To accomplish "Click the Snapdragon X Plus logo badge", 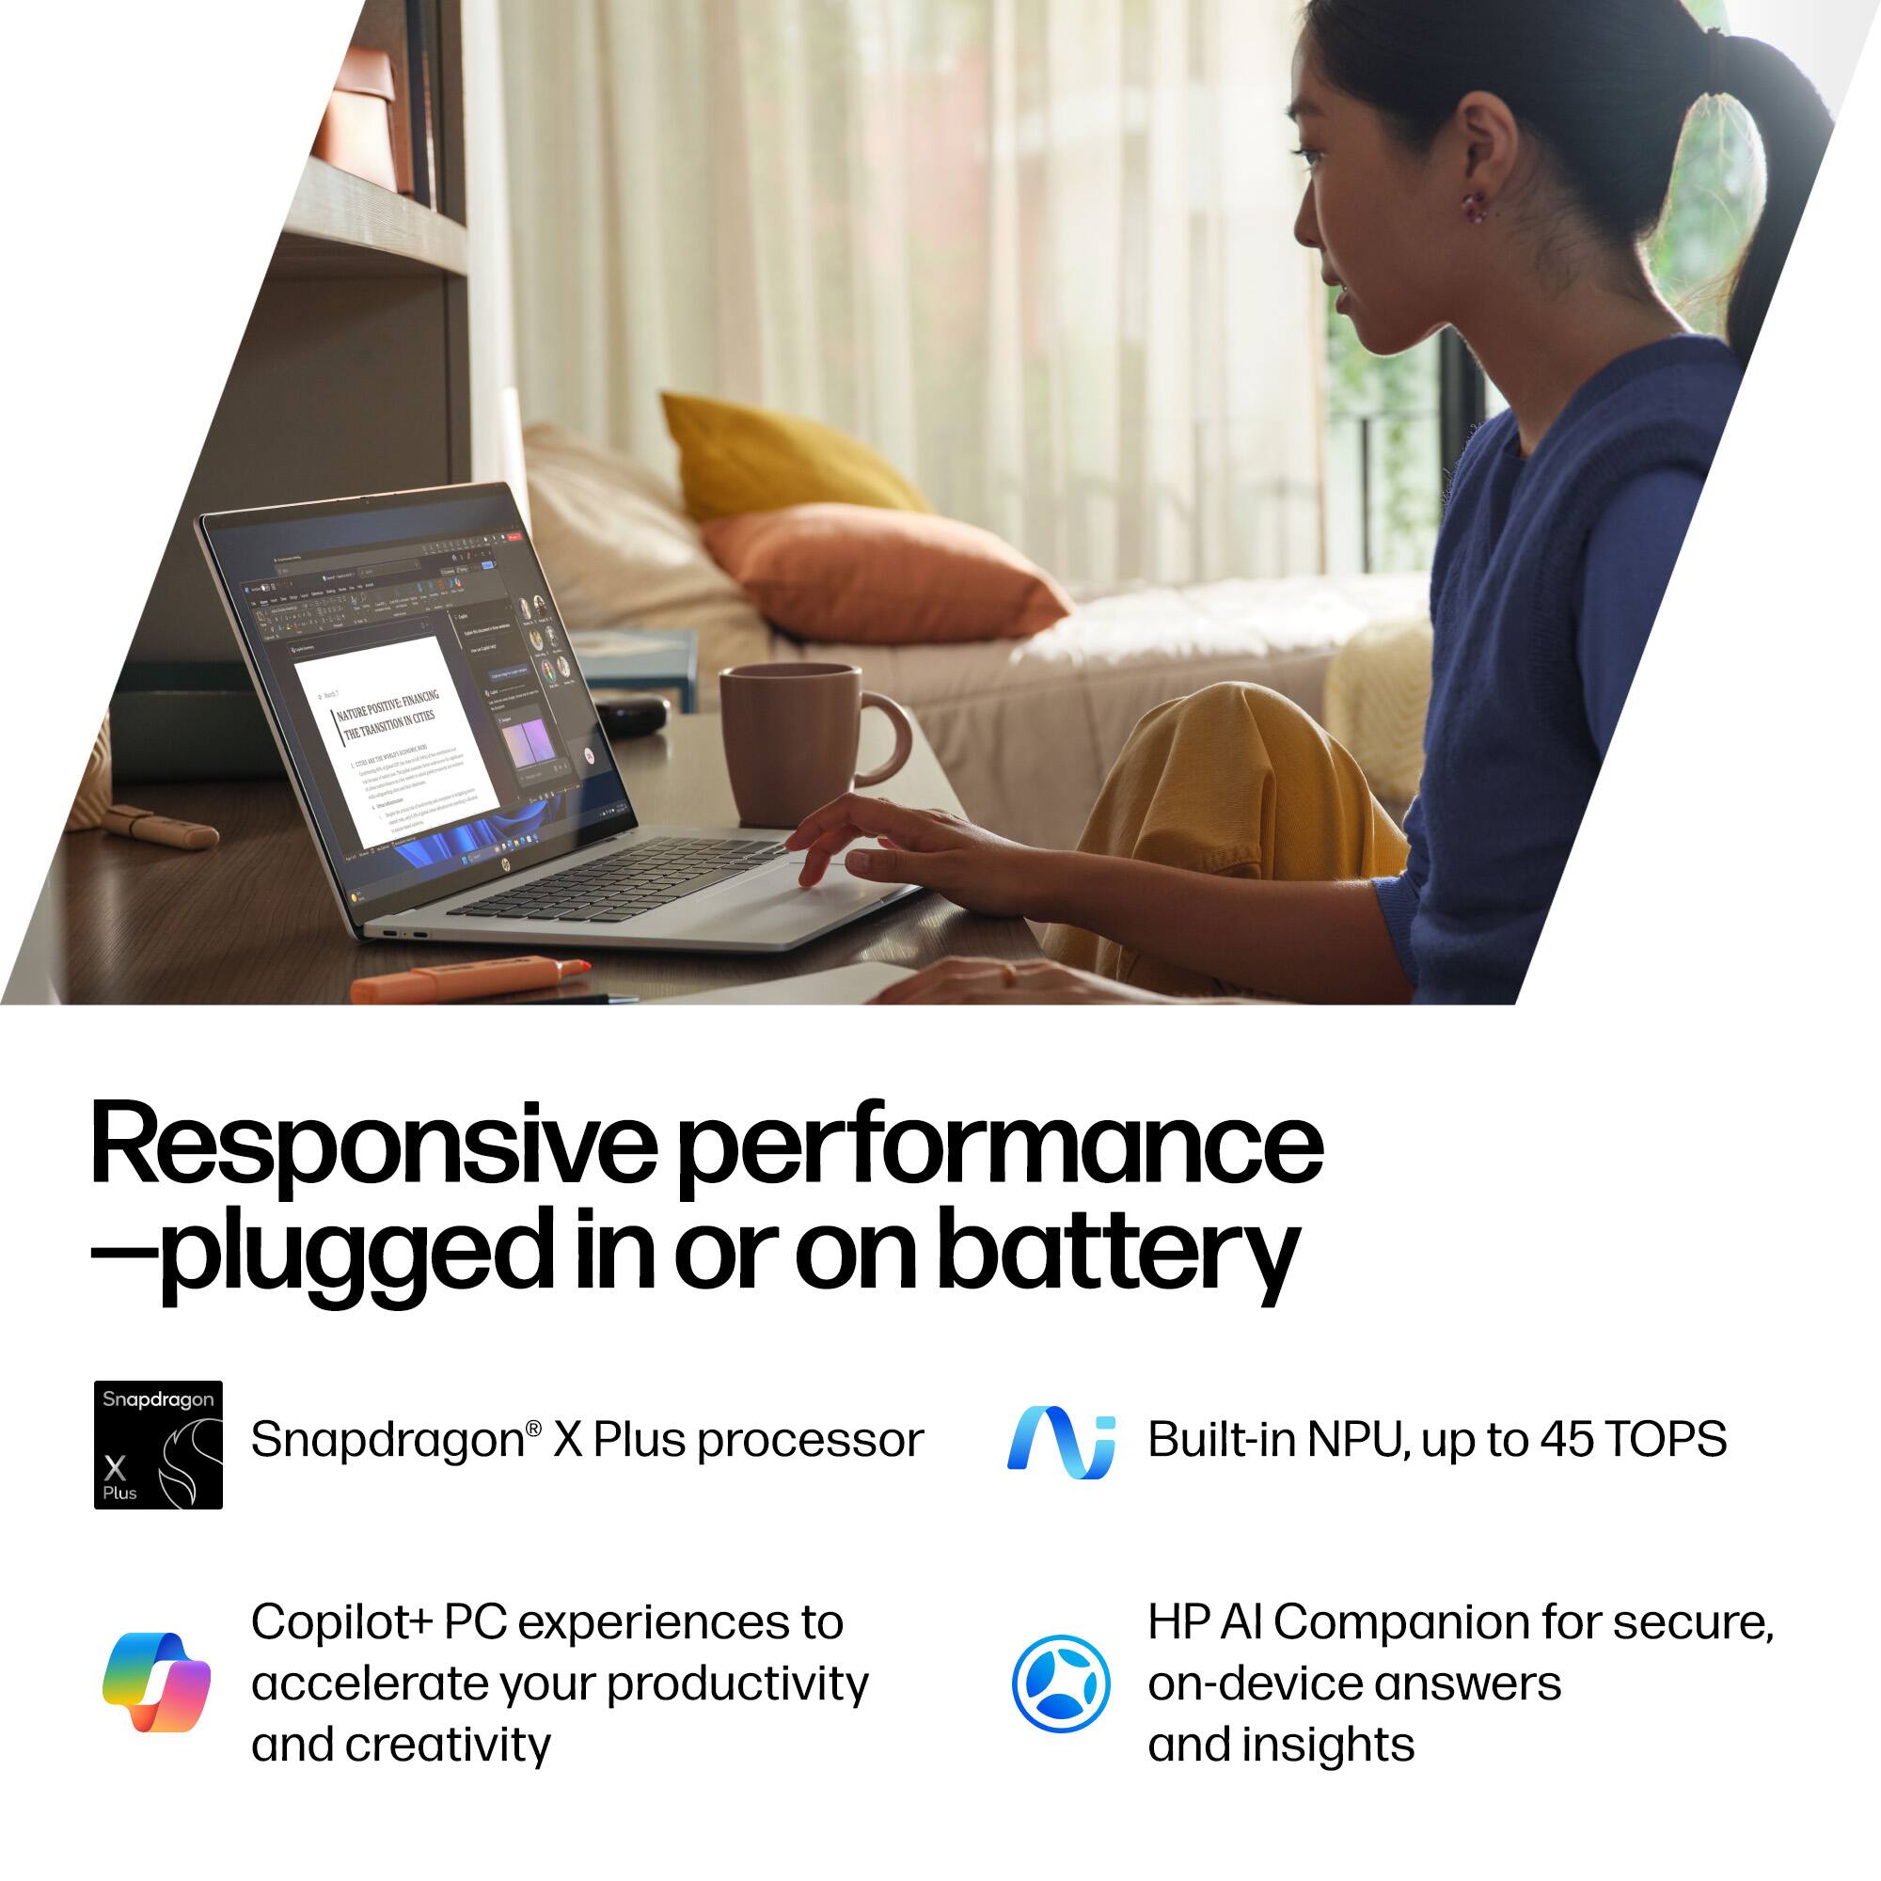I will coord(158,1445).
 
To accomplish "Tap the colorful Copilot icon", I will coord(156,1683).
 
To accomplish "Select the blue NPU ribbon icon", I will coord(1060,1442).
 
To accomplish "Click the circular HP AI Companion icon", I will coord(1060,1683).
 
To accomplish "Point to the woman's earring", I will coord(1476,205).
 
